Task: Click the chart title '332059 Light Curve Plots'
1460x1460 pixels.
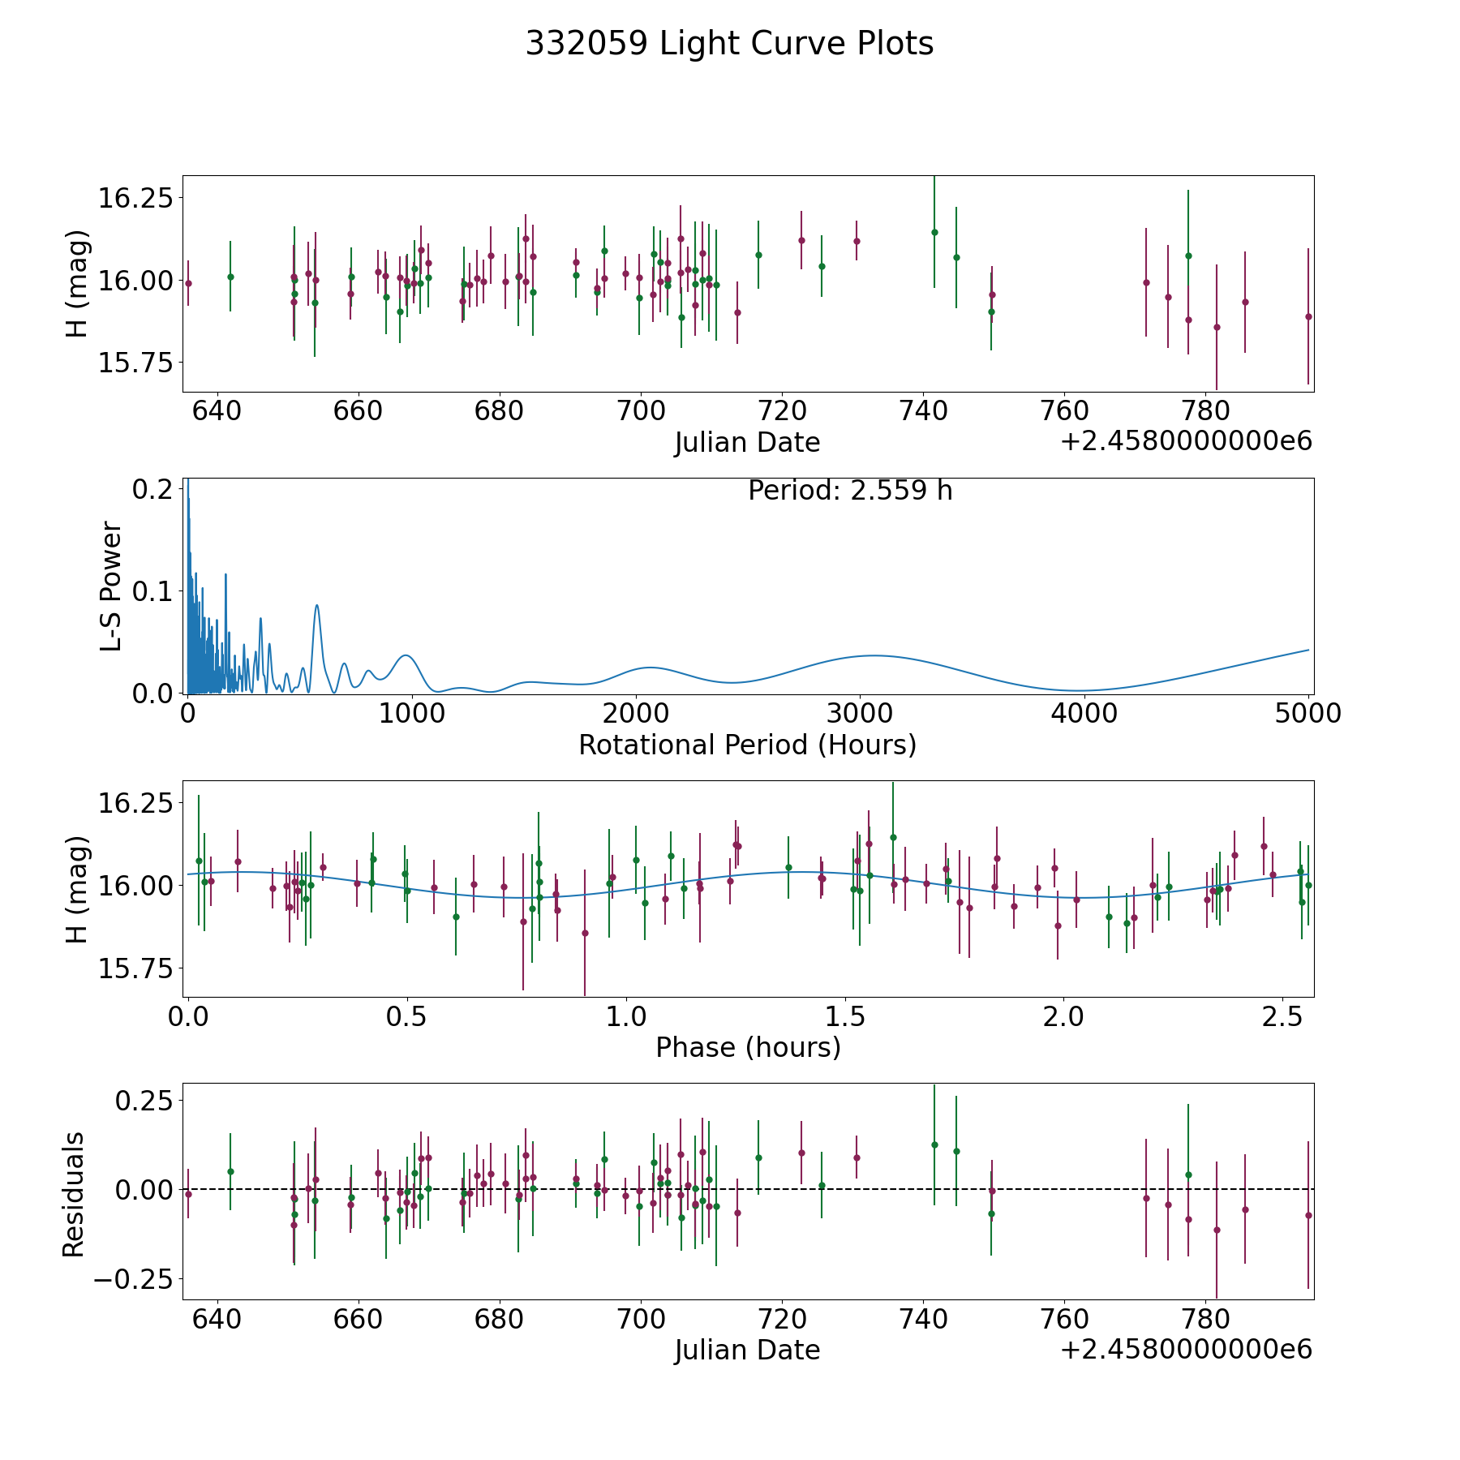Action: point(729,44)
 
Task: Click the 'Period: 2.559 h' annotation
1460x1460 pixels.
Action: point(850,491)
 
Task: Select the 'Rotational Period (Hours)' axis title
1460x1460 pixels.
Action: point(747,745)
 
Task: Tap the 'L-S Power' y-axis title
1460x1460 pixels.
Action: point(111,586)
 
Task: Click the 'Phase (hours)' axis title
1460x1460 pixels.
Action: point(748,1047)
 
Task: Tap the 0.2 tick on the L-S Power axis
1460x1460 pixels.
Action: point(153,488)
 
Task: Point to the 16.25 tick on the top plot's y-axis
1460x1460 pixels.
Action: point(135,198)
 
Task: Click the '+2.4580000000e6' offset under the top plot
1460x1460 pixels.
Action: point(1186,442)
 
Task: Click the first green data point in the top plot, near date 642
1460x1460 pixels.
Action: point(230,277)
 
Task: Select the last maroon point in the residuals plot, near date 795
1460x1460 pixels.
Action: point(1308,1215)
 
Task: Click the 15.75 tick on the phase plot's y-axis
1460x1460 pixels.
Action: point(135,968)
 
